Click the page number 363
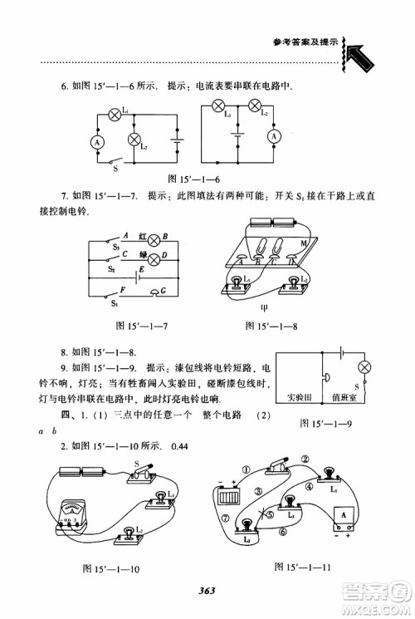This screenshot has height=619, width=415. point(207,591)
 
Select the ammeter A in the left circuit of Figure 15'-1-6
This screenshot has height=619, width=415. point(96,142)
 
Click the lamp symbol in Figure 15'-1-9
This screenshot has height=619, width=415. point(363,368)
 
